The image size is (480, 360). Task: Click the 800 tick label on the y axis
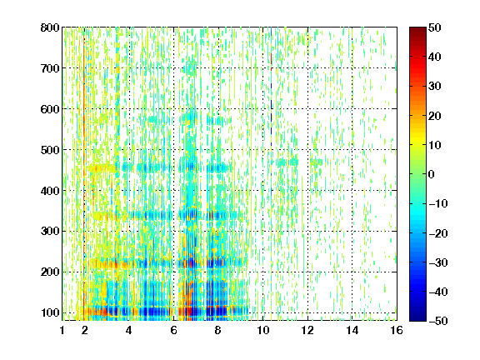coord(50,27)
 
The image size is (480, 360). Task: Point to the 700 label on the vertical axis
coord(50,68)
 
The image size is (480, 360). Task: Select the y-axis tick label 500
coord(50,150)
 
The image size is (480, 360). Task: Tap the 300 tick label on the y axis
coord(50,232)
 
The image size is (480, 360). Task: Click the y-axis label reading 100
coord(50,312)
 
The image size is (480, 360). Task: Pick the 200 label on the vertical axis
coord(50,272)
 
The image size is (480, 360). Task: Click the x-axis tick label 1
coord(62,330)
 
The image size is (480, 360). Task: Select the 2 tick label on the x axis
coord(84,330)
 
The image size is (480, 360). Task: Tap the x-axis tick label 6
coord(173,330)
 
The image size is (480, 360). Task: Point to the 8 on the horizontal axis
coord(218,330)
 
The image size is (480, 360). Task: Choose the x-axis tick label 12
coord(307,330)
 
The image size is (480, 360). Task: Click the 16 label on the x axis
coord(397,330)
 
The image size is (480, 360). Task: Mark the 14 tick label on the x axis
coord(352,330)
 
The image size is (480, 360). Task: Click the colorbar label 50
coord(435,27)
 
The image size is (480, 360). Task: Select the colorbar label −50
coord(438,321)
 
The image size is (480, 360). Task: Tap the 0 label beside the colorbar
coord(432,174)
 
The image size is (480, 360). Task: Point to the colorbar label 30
coord(435,87)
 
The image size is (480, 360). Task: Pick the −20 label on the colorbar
coord(438,233)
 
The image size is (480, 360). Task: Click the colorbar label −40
coord(438,292)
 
